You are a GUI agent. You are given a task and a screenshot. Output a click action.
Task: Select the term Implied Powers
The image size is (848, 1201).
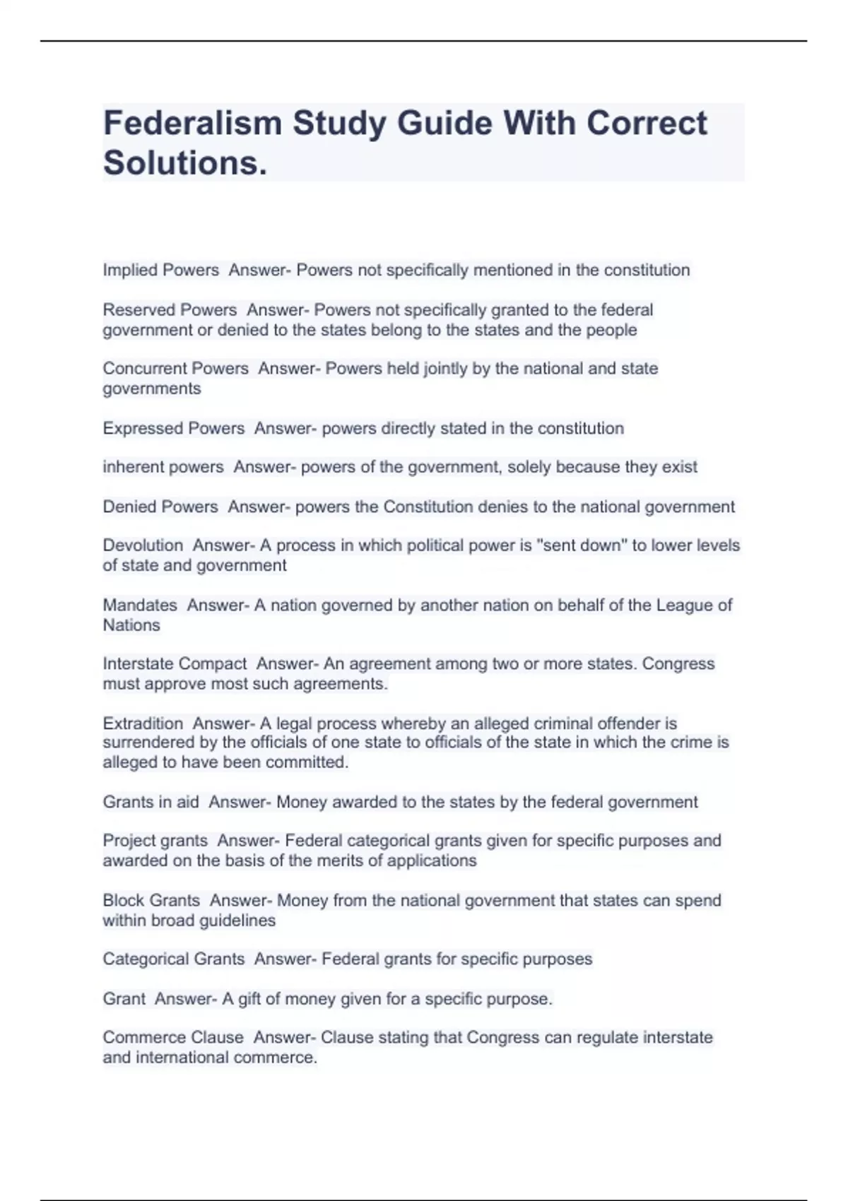coord(160,270)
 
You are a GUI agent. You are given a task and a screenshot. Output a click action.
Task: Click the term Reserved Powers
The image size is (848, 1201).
coord(170,310)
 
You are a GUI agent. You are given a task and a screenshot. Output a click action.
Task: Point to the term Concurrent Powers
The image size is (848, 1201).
coord(175,369)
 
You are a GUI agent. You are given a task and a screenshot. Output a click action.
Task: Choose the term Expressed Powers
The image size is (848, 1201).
coord(174,428)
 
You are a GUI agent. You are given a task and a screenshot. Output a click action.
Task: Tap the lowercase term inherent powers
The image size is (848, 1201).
coord(163,467)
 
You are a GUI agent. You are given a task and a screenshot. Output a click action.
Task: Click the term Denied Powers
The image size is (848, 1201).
coord(160,507)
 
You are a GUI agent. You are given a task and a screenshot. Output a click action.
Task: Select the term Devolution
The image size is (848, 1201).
coord(143,545)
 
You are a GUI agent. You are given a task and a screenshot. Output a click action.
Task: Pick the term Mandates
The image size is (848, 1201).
coord(140,605)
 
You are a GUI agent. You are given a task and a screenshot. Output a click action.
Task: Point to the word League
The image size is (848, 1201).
coord(683,605)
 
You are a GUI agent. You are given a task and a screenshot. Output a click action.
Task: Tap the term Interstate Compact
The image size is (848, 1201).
coord(175,664)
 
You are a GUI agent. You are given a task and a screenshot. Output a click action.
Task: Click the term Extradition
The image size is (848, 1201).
coord(143,723)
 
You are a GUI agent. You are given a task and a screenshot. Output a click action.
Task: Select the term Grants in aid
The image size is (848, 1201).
coord(151,802)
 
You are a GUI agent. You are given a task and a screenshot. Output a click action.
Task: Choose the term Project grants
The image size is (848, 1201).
coord(155,841)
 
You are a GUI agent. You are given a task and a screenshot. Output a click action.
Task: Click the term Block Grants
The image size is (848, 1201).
coord(151,901)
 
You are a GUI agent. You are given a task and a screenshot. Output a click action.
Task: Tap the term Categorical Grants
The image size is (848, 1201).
coord(174,959)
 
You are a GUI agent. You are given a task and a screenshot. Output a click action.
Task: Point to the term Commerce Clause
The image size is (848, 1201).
coord(173,1038)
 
